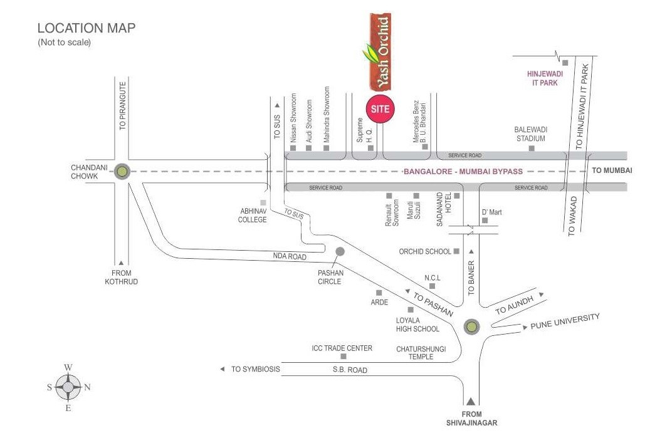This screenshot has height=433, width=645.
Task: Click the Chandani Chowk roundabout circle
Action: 122,171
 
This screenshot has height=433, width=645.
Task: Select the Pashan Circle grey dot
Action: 340,251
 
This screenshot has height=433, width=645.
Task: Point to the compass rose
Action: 68,387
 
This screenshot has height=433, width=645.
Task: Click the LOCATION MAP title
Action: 87,28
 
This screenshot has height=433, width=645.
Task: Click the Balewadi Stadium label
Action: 530,133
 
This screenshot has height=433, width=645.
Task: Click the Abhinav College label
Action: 252,216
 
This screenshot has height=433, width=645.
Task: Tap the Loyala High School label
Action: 417,325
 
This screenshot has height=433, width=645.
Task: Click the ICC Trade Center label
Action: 342,348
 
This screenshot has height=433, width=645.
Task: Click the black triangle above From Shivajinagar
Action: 471,401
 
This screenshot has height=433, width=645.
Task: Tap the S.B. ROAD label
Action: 350,370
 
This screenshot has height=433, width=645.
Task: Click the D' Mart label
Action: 491,212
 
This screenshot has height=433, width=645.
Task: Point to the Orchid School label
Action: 425,251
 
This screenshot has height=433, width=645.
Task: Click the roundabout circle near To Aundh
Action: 471,326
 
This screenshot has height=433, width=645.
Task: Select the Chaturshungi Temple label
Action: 421,352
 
